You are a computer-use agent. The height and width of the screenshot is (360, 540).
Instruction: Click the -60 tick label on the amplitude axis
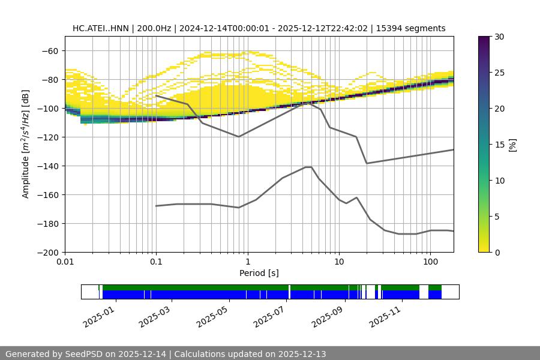pyautogui.click(x=49, y=51)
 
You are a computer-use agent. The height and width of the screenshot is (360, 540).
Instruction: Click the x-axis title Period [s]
pyautogui.click(x=259, y=274)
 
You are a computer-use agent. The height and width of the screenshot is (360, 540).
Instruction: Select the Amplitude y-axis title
pyautogui.click(x=26, y=144)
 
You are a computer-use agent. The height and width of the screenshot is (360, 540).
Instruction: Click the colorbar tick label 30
pyautogui.click(x=499, y=37)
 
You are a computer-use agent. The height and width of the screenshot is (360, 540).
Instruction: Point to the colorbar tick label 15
pyautogui.click(x=499, y=145)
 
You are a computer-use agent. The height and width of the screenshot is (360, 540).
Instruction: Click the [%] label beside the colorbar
pyautogui.click(x=512, y=144)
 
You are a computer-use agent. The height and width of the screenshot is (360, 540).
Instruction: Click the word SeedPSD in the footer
pyautogui.click(x=84, y=354)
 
